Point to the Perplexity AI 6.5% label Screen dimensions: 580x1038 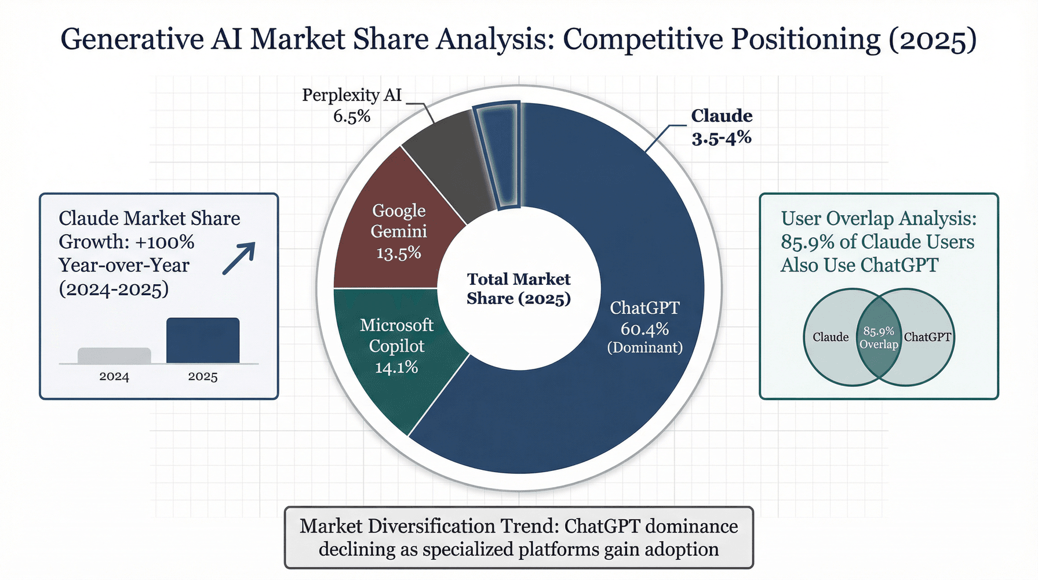click(x=352, y=105)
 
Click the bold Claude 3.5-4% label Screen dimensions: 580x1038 click(x=722, y=126)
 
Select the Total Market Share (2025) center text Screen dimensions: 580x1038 click(x=519, y=289)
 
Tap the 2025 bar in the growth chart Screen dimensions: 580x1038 click(x=203, y=340)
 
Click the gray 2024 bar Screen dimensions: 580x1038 click(x=114, y=356)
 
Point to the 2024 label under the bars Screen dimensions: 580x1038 click(x=114, y=376)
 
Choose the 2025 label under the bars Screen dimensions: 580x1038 click(x=203, y=376)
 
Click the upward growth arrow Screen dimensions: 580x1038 click(x=239, y=258)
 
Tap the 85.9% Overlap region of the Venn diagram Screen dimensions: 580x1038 click(x=879, y=338)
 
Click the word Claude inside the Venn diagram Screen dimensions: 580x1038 click(x=831, y=337)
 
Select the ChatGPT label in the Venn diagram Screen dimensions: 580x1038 click(x=927, y=337)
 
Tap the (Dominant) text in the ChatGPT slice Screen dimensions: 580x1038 click(x=644, y=347)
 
